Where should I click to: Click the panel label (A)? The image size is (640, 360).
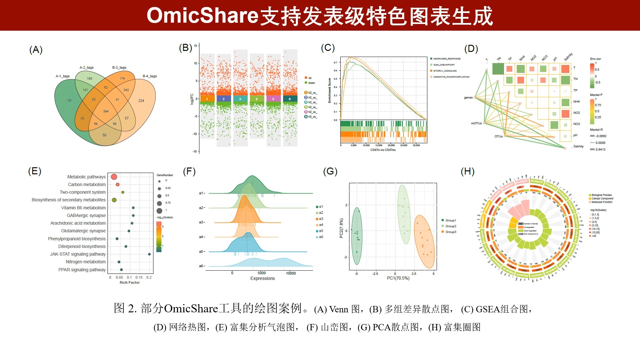(36, 50)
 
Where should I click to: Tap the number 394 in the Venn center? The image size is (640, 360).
(106, 111)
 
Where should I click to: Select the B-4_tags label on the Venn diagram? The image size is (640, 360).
(150, 76)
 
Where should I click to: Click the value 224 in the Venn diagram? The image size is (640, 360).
(141, 101)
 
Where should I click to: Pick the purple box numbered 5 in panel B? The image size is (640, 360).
(273, 99)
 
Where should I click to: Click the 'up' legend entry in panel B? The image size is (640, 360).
(310, 78)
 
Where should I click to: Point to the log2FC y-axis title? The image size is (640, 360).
(192, 99)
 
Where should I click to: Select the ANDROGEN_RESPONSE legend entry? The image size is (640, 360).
(447, 59)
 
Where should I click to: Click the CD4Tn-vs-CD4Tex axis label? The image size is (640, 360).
(383, 150)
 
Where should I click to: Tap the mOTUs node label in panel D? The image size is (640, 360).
(476, 123)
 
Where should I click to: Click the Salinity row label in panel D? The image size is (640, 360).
(578, 146)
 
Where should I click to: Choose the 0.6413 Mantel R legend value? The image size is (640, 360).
(600, 149)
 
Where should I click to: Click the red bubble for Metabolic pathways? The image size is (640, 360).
(114, 177)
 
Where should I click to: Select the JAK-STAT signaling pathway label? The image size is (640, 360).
(78, 254)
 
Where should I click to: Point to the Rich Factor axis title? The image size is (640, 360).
(130, 282)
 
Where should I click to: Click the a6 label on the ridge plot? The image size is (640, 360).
(201, 266)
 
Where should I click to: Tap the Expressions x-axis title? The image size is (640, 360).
(262, 278)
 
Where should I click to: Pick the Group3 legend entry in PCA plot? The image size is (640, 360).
(451, 232)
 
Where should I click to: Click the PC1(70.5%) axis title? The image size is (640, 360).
(398, 278)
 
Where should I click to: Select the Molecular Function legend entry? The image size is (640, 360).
(602, 202)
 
